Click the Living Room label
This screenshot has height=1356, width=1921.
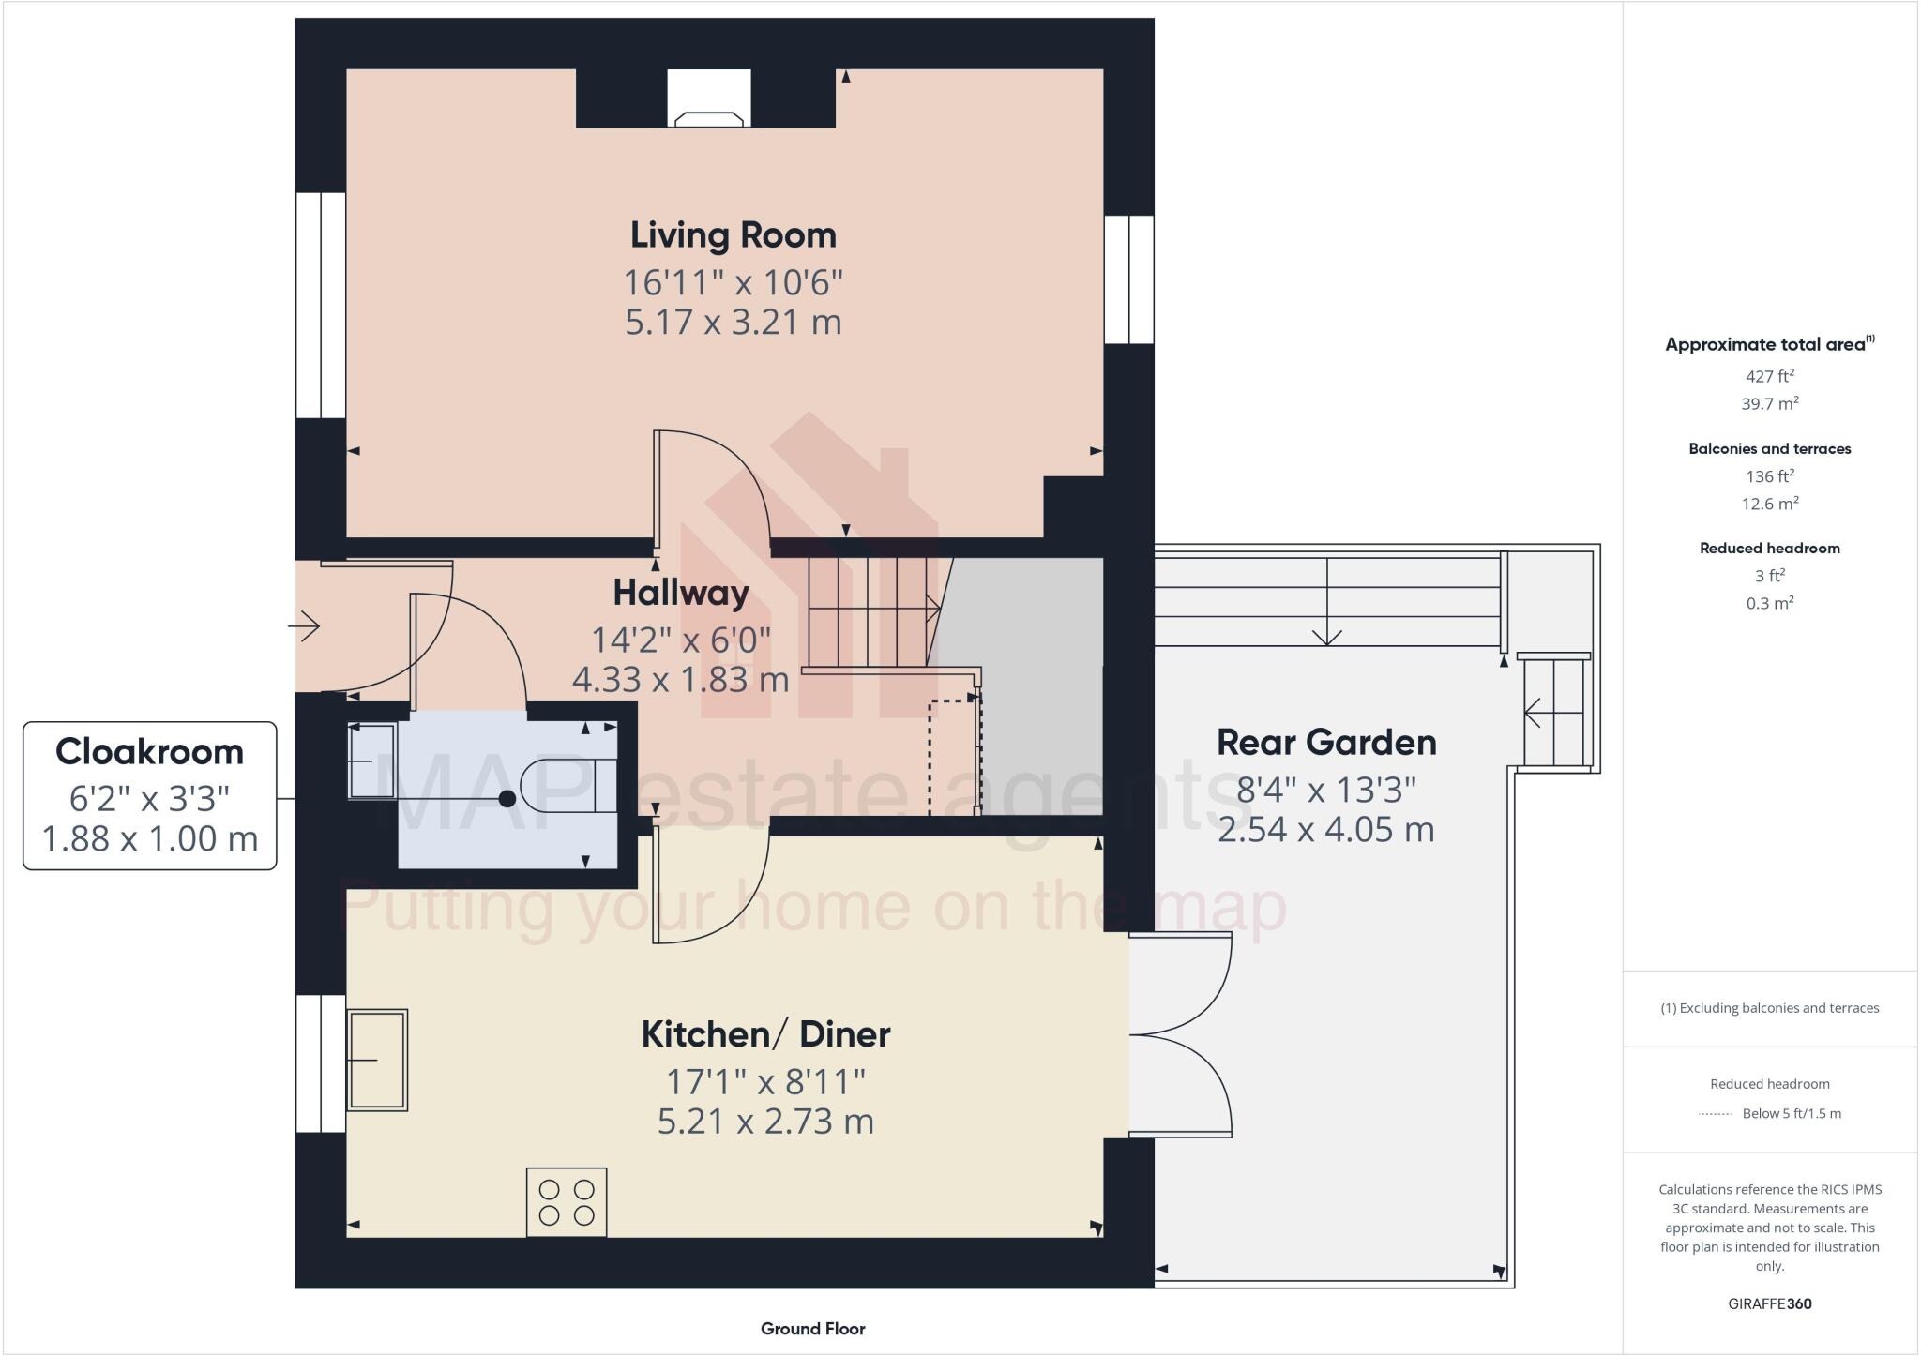click(733, 234)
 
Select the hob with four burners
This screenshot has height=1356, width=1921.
click(567, 1202)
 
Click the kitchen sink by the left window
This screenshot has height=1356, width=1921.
click(377, 1060)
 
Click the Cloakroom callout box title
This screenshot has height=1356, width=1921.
click(149, 751)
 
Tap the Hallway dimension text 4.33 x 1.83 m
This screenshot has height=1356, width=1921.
click(680, 679)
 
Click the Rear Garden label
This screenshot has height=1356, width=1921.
click(1325, 742)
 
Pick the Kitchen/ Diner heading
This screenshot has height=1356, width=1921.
click(765, 1033)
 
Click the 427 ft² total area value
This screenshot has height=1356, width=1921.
click(1769, 376)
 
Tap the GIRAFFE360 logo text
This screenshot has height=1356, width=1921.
click(1769, 1303)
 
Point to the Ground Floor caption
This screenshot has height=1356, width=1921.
click(812, 1328)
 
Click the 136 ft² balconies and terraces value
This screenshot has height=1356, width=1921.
click(1769, 476)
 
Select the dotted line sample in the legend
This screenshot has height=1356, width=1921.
click(1715, 1114)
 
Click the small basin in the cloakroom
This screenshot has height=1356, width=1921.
click(372, 761)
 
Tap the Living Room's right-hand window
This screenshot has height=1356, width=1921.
click(1128, 279)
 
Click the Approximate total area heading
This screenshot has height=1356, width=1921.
click(1769, 344)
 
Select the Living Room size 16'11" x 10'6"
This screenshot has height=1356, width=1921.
click(733, 281)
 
